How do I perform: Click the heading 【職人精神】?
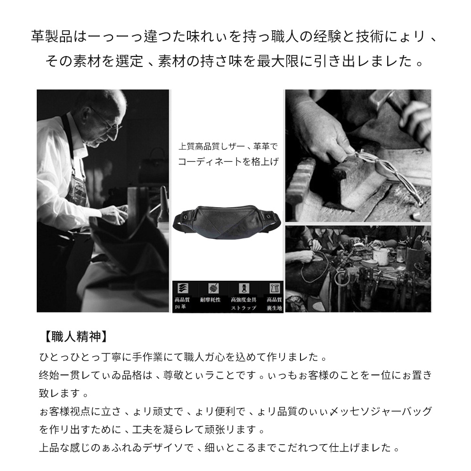click(x=74, y=336)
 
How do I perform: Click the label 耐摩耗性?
click(x=210, y=300)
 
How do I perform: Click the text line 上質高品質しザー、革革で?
click(x=228, y=146)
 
